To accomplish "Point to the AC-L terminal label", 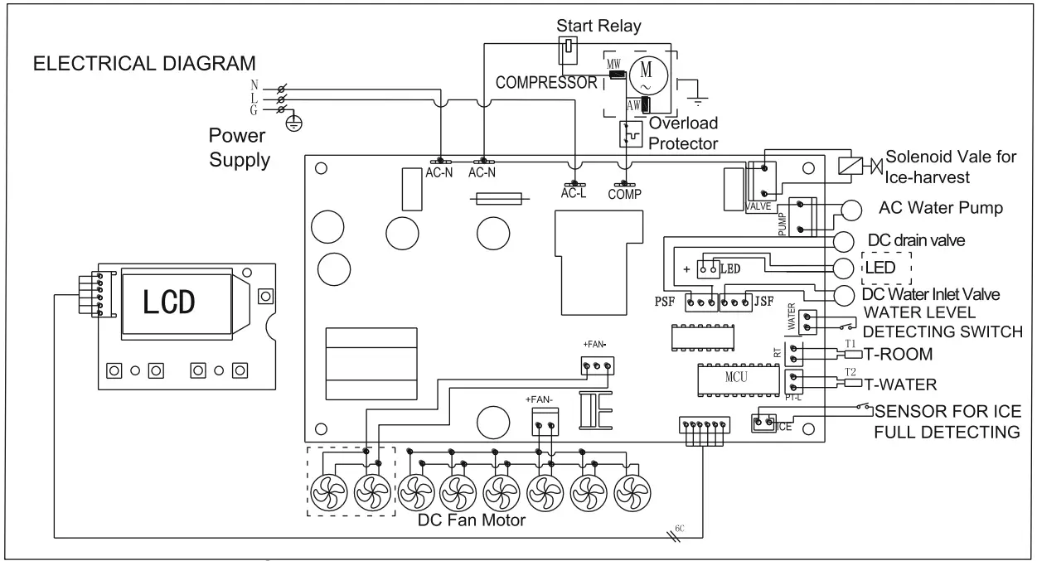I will point(574,193).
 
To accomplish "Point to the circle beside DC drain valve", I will point(842,240).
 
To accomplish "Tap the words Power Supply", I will point(238,146).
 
